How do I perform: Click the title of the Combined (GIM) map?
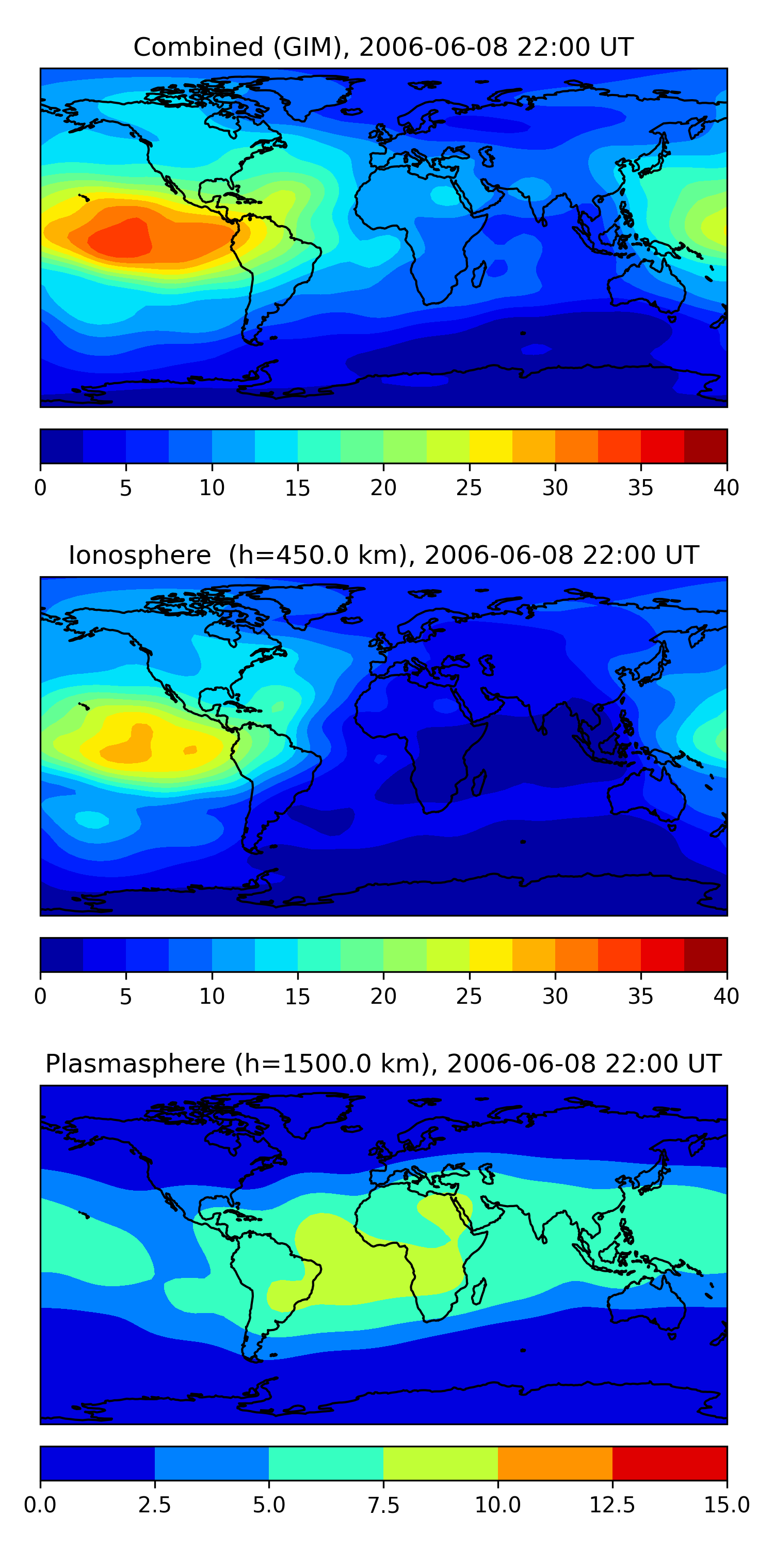(x=383, y=47)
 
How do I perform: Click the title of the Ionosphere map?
(x=383, y=555)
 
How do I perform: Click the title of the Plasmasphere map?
(x=383, y=1063)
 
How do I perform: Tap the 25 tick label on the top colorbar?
(x=469, y=487)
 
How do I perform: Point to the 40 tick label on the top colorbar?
(x=726, y=487)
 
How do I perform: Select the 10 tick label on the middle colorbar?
(x=212, y=996)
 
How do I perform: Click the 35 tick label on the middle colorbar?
(x=640, y=996)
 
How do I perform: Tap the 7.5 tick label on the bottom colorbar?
(x=383, y=1505)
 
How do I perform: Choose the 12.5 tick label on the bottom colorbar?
(x=612, y=1505)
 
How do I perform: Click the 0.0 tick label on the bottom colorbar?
(x=40, y=1505)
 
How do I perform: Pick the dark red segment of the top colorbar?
(x=705, y=446)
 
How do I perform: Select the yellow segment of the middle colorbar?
(x=490, y=954)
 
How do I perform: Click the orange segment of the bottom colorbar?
(x=555, y=1463)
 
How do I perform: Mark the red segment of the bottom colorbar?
(x=669, y=1463)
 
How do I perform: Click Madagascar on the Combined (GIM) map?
(x=479, y=274)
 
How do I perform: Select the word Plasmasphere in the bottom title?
(x=135, y=1064)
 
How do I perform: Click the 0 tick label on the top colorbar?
(x=40, y=487)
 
